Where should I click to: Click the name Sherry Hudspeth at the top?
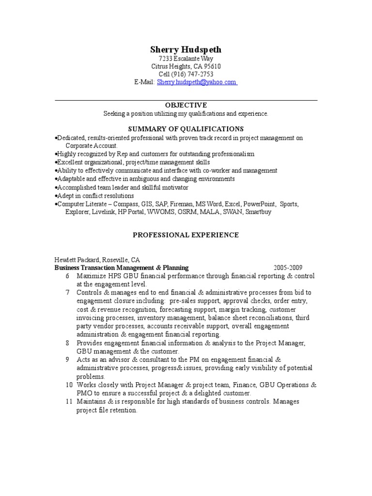coord(186,49)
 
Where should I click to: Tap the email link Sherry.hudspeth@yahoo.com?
coord(196,82)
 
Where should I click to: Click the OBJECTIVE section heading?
coord(186,105)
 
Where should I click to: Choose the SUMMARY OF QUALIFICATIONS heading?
coord(186,129)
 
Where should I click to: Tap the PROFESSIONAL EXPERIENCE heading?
coord(186,235)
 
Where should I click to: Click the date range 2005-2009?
coord(288,267)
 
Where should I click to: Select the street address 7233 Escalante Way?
coord(186,58)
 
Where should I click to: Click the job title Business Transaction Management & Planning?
coord(122,267)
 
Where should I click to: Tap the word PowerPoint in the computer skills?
coord(259,204)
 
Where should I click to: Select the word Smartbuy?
coord(258,212)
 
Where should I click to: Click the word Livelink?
coord(103,212)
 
